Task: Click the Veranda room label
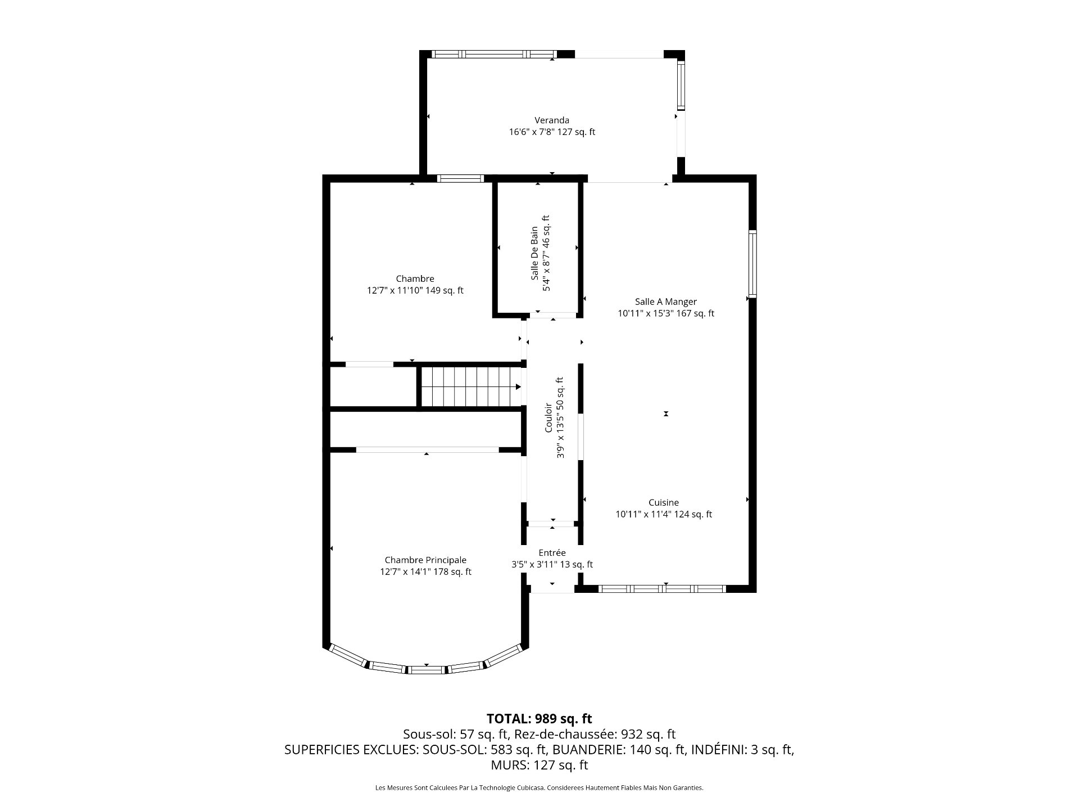[552, 120]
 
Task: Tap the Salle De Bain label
[534, 254]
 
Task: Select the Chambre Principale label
[425, 560]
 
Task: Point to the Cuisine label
[664, 502]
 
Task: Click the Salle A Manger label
[666, 301]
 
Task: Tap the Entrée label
[552, 553]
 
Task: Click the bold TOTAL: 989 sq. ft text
[539, 718]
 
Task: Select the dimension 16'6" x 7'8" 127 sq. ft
[552, 132]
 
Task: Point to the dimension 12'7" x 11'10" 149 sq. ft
[415, 291]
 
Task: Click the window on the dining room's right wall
[752, 263]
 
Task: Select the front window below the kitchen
[663, 589]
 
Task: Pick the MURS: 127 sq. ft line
[539, 765]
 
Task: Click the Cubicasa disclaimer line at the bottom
[539, 788]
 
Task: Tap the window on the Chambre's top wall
[460, 179]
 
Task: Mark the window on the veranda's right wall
[681, 86]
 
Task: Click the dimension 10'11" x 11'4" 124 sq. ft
[664, 514]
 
